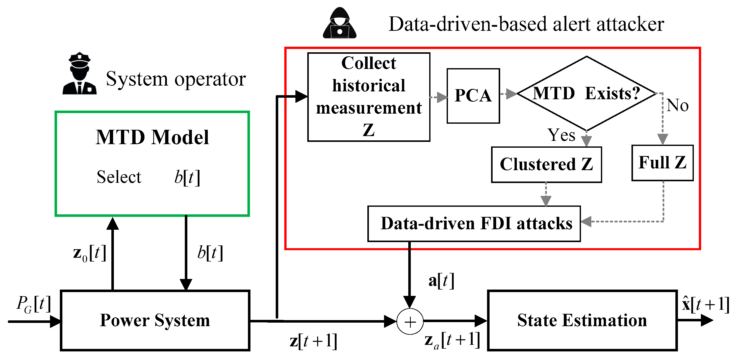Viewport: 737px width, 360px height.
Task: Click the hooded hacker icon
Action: tap(340, 23)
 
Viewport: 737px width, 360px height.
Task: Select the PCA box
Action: tap(473, 96)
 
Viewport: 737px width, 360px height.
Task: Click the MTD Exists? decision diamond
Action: tap(586, 93)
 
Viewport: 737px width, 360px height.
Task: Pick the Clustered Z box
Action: tap(546, 165)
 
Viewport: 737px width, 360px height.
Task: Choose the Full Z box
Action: tap(662, 163)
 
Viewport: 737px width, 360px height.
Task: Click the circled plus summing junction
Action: tap(410, 322)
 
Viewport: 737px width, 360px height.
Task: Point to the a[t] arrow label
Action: tap(441, 281)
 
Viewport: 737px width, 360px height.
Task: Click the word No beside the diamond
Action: tap(677, 105)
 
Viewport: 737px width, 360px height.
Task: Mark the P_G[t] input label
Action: tap(34, 304)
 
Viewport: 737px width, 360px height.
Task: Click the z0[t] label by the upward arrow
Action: tap(90, 253)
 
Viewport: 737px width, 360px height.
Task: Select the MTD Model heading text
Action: tap(152, 137)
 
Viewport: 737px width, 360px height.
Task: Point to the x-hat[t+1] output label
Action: tap(705, 304)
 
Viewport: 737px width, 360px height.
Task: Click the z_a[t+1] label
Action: tap(452, 341)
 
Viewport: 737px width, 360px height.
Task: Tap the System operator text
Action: tap(176, 79)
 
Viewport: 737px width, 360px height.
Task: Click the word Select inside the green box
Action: tap(119, 177)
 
